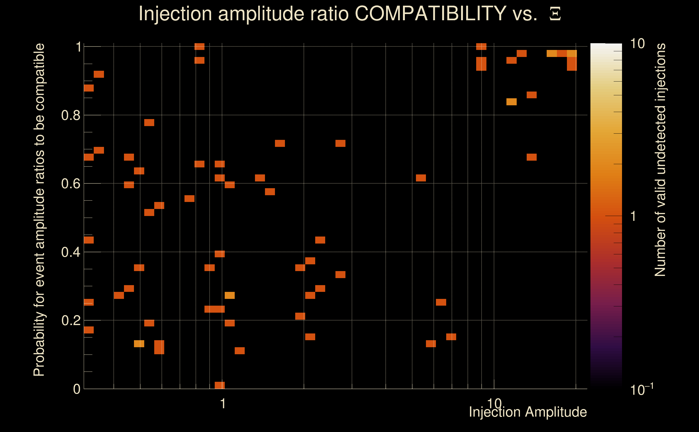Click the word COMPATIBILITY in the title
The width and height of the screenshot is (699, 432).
point(430,13)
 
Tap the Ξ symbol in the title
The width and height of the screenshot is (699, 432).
point(555,14)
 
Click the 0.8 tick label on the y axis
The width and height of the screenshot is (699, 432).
point(70,116)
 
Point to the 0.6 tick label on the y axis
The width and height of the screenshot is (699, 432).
point(70,184)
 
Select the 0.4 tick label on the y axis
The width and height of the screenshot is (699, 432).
point(70,252)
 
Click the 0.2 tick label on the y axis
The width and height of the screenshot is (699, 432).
point(70,320)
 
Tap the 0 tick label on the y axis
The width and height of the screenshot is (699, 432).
point(77,389)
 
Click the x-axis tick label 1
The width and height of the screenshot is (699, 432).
point(223,404)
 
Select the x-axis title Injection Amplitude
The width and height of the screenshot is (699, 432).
point(528,412)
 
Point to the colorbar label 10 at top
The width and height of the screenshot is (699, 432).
point(637,44)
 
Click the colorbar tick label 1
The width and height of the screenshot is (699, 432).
point(633,216)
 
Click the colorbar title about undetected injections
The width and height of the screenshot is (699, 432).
point(660,160)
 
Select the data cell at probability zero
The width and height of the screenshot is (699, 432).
point(220,385)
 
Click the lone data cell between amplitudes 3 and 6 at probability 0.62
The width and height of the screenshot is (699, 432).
point(421,178)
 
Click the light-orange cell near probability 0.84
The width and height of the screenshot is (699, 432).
point(511,102)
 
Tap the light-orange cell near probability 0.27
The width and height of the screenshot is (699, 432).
point(230,295)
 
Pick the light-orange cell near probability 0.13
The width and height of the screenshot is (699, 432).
point(139,344)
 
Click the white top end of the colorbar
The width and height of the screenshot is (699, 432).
point(606,46)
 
